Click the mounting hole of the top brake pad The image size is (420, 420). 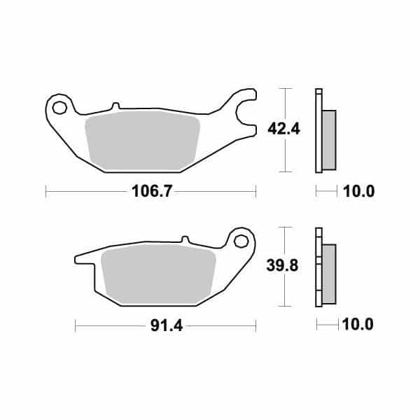pyautogui.click(x=58, y=108)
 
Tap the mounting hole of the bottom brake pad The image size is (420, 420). pyautogui.click(x=243, y=241)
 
